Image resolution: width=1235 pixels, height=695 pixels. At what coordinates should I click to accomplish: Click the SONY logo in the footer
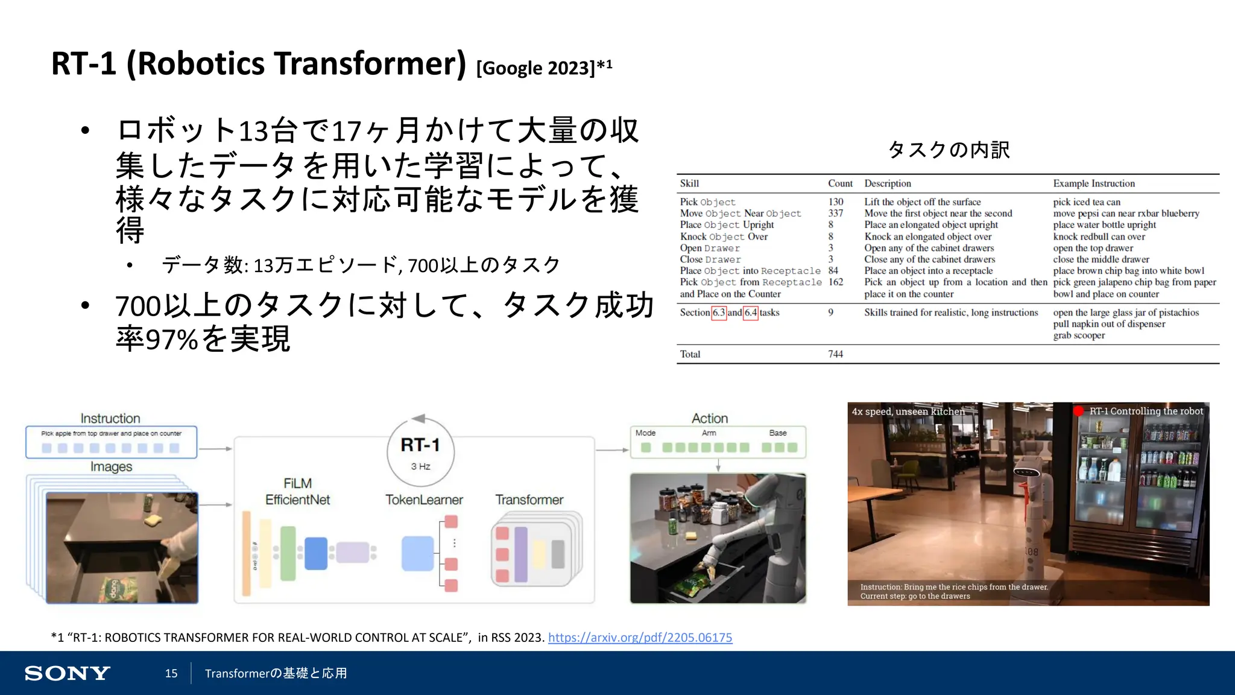tap(67, 673)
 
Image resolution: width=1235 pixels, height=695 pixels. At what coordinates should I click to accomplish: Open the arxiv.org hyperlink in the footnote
tap(640, 638)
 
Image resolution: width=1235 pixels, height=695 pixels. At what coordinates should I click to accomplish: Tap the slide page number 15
tap(171, 673)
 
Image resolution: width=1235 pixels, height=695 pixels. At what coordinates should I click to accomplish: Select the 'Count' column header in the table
tap(840, 183)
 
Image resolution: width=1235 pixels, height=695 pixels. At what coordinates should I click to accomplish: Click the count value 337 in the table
tap(835, 214)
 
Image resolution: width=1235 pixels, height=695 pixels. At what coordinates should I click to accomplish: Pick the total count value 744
tap(835, 354)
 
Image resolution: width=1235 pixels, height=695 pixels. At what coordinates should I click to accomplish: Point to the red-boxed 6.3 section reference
tap(718, 313)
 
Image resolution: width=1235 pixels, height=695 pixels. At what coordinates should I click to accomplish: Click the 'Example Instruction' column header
tap(1093, 183)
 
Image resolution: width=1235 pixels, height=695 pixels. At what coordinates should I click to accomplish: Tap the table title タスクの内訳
tap(949, 150)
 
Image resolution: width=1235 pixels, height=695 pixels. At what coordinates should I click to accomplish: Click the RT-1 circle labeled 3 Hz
tap(420, 452)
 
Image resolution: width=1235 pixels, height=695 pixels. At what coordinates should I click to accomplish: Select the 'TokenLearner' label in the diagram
tap(424, 500)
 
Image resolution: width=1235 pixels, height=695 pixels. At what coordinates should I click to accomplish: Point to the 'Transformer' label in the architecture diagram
tap(529, 500)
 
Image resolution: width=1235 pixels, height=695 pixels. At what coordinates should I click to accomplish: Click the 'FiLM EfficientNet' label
tap(297, 492)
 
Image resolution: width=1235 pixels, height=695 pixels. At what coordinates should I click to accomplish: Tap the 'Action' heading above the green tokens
tap(709, 418)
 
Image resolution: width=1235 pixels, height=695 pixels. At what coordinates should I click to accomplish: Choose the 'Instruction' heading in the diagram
tap(110, 418)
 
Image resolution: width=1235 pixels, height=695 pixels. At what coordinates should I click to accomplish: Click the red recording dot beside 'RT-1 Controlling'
tap(1078, 411)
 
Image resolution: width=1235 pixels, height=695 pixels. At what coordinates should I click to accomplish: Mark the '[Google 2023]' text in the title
tap(535, 68)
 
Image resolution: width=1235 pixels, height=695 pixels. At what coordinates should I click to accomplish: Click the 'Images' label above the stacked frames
tap(111, 466)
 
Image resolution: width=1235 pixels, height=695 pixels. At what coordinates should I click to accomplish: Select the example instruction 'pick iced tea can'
tap(1087, 202)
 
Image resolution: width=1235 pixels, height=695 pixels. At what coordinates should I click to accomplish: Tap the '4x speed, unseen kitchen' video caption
tap(908, 411)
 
